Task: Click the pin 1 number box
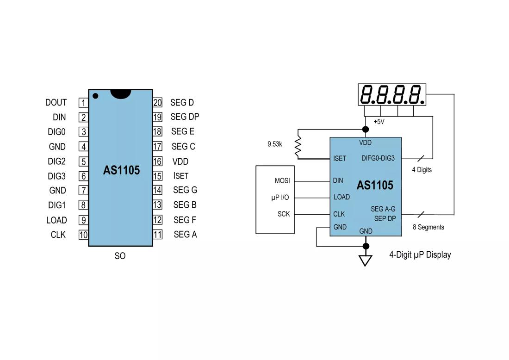pos(83,103)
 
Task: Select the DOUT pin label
pos(56,103)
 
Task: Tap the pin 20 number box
pos(157,103)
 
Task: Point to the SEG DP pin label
pos(185,117)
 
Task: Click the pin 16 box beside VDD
pos(157,161)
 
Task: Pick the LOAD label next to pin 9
pos(56,220)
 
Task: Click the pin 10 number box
pos(83,235)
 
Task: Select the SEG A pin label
pos(185,235)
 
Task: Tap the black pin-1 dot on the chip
pos(95,96)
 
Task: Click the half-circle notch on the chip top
pos(120,93)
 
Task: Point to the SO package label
pos(120,256)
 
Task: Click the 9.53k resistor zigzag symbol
pos(298,146)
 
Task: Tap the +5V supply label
pos(379,122)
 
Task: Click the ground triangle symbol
pos(366,261)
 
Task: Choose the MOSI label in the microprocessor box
pos(282,181)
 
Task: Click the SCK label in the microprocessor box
pos(284,214)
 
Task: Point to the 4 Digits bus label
pos(422,170)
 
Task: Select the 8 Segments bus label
pos(428,227)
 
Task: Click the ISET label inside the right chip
pos(340,159)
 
